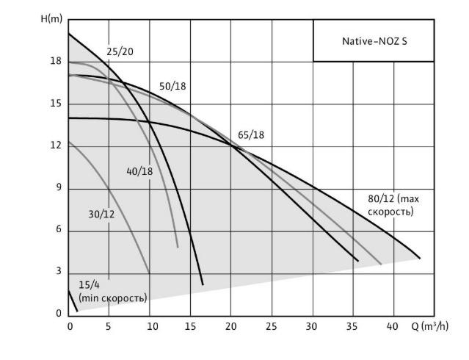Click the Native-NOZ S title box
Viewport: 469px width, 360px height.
[374, 41]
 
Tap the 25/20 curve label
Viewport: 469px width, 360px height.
[120, 51]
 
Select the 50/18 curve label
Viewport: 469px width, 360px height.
[172, 86]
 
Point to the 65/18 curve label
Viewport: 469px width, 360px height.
[251, 134]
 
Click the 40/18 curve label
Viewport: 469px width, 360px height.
[139, 171]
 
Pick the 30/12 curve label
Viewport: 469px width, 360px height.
[101, 214]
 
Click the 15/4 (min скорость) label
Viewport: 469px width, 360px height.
[112, 292]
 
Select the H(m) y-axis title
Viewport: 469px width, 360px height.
[51, 18]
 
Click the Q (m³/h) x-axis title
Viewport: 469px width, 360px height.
[430, 326]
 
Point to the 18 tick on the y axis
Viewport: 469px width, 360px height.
[56, 62]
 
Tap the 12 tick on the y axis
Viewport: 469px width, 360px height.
[56, 146]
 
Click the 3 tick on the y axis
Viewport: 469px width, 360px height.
[58, 272]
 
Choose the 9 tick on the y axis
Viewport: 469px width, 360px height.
[58, 188]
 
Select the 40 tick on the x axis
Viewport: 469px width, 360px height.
[393, 326]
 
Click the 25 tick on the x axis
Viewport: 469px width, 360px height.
[272, 326]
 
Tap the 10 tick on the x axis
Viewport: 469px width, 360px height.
[150, 326]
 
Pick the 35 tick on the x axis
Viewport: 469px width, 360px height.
[352, 326]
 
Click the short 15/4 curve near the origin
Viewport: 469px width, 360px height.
[72, 301]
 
